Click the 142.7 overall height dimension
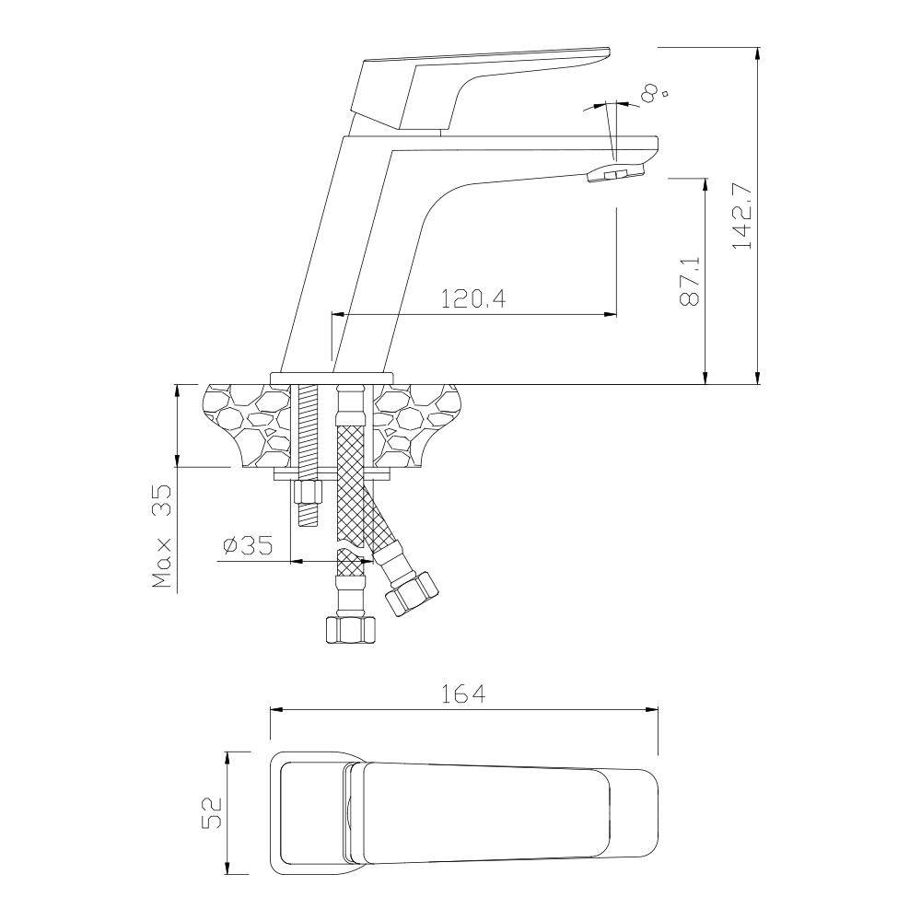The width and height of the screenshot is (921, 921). pyautogui.click(x=743, y=216)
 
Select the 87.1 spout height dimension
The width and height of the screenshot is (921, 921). pyautogui.click(x=690, y=281)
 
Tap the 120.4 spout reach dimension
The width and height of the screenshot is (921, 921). pyautogui.click(x=473, y=299)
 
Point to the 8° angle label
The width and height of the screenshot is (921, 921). pyautogui.click(x=653, y=93)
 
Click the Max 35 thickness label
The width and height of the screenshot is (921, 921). pyautogui.click(x=161, y=536)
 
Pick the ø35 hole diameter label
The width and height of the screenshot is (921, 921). pyautogui.click(x=248, y=545)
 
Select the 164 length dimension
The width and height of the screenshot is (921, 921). pyautogui.click(x=463, y=694)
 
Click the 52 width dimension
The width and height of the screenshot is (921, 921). pyautogui.click(x=212, y=812)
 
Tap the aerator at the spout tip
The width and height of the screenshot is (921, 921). pyautogui.click(x=615, y=173)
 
